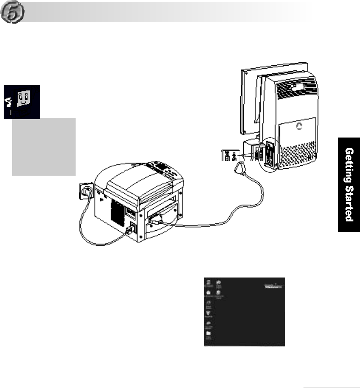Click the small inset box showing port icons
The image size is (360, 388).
tap(230, 155)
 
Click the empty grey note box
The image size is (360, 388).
tap(44, 146)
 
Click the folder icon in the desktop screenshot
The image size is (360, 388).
tap(209, 333)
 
